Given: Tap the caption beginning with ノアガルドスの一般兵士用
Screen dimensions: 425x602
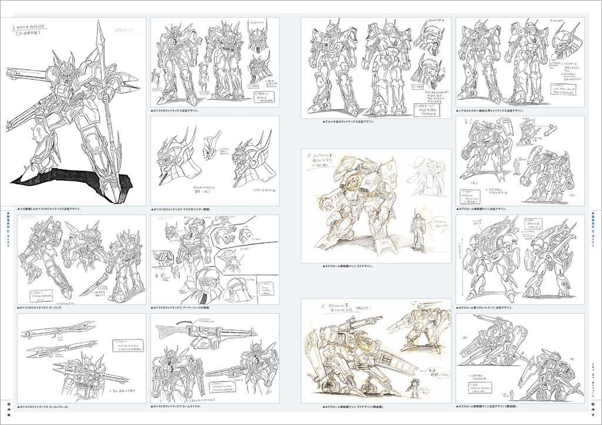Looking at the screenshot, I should pos(490,110).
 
